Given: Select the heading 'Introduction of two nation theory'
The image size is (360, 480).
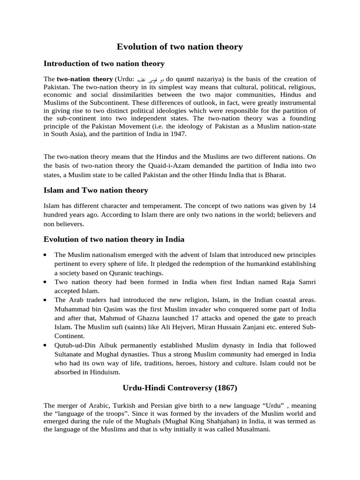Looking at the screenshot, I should point(104,63).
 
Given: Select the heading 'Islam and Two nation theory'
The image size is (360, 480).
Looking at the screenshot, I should point(96,190).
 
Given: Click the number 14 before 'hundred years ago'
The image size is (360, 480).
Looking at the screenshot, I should point(312,206).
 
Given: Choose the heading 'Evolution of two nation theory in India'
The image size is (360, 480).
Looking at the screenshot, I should point(114,239).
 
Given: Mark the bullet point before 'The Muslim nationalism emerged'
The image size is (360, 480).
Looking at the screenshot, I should point(45,255).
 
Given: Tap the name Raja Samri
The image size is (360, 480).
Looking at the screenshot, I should point(297,282).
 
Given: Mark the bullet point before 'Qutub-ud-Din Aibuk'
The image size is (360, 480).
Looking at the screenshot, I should point(45,345).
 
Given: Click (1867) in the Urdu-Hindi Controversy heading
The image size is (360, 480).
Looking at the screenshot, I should point(224,389).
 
